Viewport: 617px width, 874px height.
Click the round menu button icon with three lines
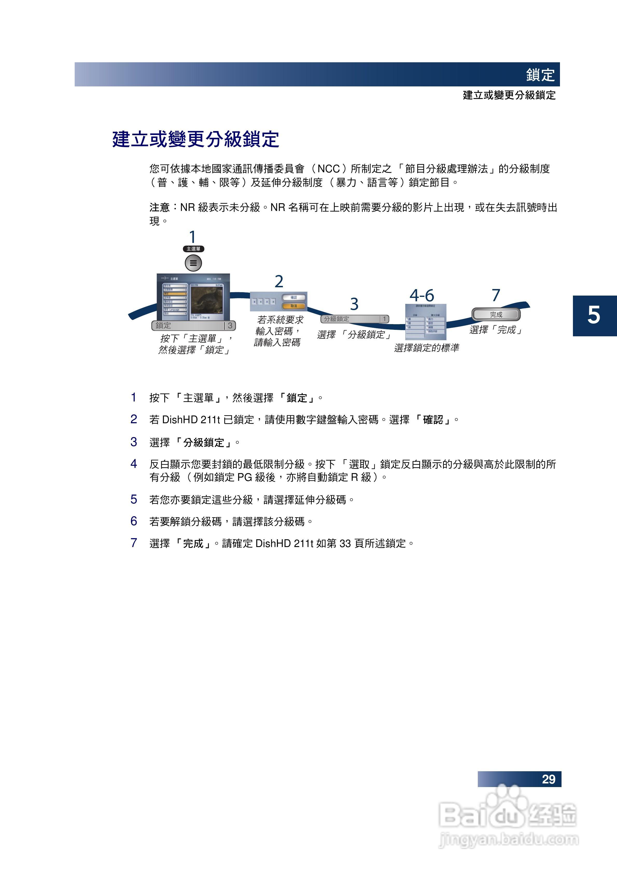[x=193, y=263]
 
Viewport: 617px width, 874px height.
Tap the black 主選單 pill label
[x=193, y=249]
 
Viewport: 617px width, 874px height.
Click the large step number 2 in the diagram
[x=279, y=282]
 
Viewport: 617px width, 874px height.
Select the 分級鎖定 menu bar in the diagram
[x=355, y=319]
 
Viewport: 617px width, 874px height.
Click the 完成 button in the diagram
[x=496, y=315]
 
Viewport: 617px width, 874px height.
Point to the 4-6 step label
[x=422, y=295]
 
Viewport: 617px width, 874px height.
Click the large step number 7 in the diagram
[x=496, y=295]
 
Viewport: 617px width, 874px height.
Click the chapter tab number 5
[x=594, y=315]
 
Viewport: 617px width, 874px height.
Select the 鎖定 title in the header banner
[x=540, y=75]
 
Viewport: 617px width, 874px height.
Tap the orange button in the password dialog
[x=294, y=306]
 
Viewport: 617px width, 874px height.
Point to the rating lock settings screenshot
[x=426, y=322]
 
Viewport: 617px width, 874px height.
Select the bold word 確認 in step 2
[x=433, y=420]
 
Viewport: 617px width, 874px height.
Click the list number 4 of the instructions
[x=134, y=464]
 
